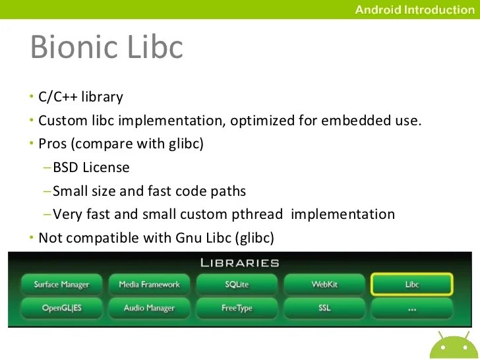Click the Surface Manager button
61,285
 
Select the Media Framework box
149,285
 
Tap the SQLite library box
237,285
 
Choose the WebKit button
324,285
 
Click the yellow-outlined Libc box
412,285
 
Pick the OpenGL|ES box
61,308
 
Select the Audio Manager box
149,308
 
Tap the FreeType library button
237,308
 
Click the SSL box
324,308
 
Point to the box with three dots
412,308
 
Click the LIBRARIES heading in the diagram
239,262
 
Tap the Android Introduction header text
414,9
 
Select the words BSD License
91,167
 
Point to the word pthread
262,214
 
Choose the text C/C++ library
80,98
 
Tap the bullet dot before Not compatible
30,237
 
